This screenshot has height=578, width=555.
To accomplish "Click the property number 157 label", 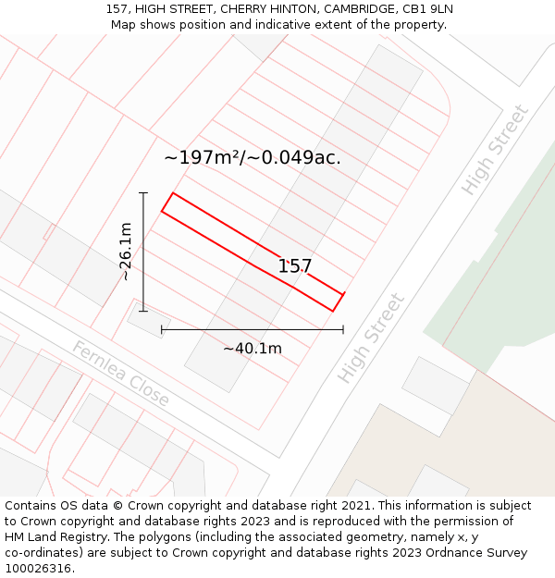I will click(295, 266).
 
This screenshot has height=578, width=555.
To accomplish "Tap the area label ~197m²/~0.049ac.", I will click(253, 158).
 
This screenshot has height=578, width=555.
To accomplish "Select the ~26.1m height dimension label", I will click(126, 252).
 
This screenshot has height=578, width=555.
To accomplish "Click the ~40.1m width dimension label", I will click(252, 349).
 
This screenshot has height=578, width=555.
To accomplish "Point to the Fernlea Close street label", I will click(121, 374).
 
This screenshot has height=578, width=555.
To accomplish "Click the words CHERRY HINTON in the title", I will click(268, 9).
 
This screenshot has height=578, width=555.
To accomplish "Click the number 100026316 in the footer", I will click(38, 568).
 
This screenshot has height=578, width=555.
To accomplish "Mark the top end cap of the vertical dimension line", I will click(143, 192).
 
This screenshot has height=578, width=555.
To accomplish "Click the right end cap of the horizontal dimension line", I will click(343, 328).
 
